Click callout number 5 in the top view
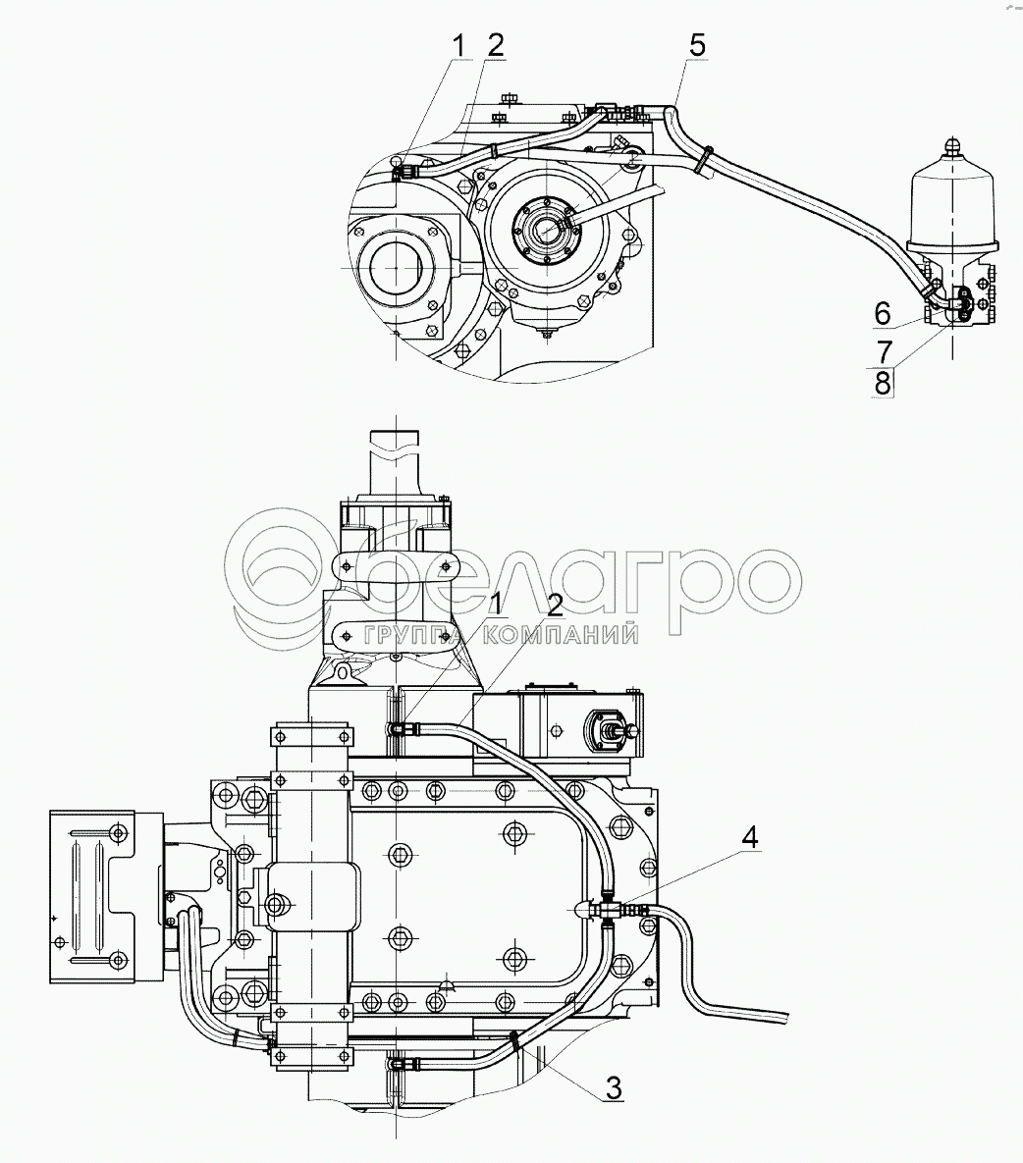click(x=697, y=46)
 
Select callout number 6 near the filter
click(x=882, y=314)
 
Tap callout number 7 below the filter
click(x=885, y=350)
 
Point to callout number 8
click(x=882, y=384)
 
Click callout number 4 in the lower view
click(x=749, y=837)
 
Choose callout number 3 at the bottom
click(x=614, y=1088)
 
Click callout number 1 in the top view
click(x=458, y=46)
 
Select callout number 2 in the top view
click(x=496, y=46)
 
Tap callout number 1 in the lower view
click(x=496, y=606)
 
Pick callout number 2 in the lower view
click(x=554, y=606)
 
